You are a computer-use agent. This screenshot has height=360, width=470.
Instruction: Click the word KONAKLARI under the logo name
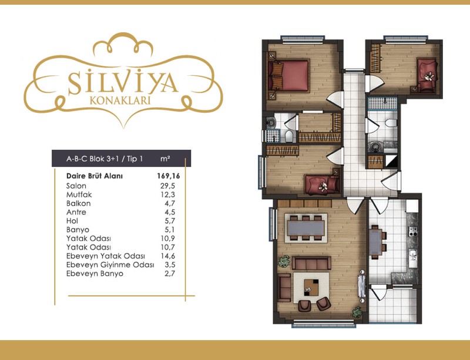click(120, 100)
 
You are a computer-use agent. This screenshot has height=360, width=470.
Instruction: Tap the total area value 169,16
click(169, 176)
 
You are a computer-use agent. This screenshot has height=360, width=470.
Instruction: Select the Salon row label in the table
click(76, 186)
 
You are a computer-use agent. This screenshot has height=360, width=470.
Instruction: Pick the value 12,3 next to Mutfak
click(167, 194)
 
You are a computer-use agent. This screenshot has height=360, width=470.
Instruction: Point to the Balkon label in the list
click(79, 204)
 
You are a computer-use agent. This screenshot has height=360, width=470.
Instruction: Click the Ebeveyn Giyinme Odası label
click(110, 265)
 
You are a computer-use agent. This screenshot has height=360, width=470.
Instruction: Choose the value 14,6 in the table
click(167, 256)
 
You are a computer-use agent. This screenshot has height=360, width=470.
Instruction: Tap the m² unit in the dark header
click(165, 159)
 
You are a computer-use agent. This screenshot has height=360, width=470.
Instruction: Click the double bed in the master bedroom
click(288, 76)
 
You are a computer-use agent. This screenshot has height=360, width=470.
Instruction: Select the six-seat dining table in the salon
click(305, 228)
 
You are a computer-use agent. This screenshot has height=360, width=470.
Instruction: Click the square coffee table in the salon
click(311, 287)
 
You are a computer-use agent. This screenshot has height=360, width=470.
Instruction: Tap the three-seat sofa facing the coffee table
click(311, 263)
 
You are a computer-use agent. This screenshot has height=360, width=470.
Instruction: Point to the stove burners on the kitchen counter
click(413, 231)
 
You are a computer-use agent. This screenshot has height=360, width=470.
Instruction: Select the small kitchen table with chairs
click(377, 242)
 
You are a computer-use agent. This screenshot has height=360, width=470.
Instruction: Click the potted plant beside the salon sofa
click(284, 261)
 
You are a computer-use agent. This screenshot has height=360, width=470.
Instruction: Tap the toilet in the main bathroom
click(391, 123)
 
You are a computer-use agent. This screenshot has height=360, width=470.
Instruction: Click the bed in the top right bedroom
click(427, 75)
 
